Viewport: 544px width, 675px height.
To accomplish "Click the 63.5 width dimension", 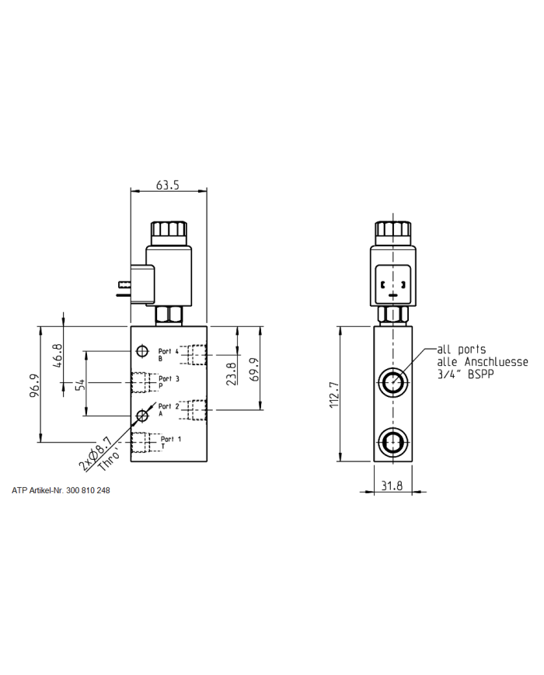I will point(168,186).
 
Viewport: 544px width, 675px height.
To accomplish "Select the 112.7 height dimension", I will point(334,394).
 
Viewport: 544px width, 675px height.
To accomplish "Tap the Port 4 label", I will point(168,351).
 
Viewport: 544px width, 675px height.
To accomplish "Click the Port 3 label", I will point(169,379).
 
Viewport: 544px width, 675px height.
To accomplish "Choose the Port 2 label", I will point(168,406).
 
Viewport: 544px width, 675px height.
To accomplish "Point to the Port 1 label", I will point(169,440).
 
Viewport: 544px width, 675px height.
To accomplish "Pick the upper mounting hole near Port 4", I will point(141,350).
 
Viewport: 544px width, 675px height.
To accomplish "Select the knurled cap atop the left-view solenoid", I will point(168,232).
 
